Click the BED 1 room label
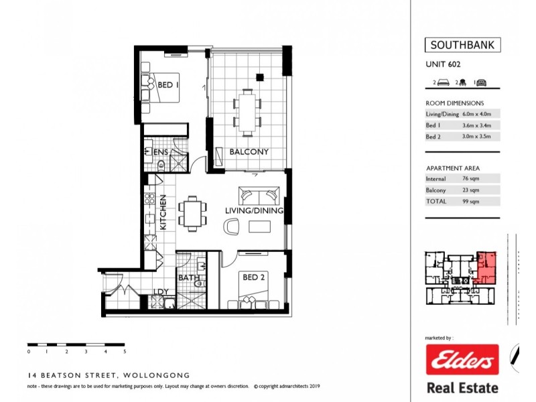point(167,85)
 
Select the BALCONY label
point(249,152)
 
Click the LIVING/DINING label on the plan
point(254,210)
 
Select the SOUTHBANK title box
point(462,46)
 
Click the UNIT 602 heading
point(443,65)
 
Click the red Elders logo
point(462,360)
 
